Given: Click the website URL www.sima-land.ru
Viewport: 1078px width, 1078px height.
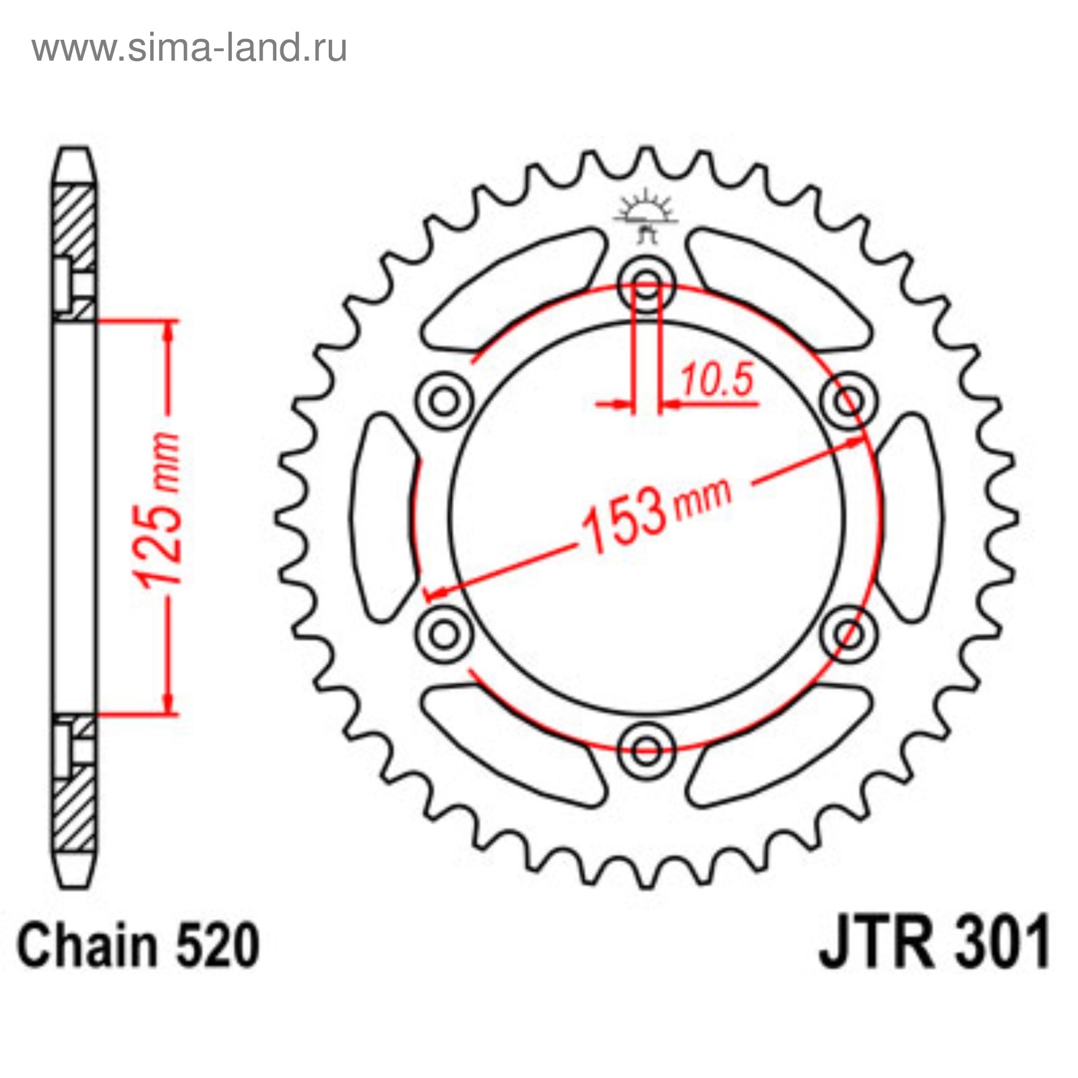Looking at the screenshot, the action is pos(190,49).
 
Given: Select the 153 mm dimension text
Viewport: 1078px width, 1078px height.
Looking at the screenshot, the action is pos(656,513).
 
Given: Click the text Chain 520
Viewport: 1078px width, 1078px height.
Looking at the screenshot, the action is pos(138,945).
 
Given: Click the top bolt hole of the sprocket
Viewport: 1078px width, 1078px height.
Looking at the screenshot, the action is pos(646,284).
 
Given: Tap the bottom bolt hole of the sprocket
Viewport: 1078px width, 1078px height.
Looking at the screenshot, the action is pos(646,749).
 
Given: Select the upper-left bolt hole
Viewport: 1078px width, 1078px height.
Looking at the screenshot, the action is pos(444,402).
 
